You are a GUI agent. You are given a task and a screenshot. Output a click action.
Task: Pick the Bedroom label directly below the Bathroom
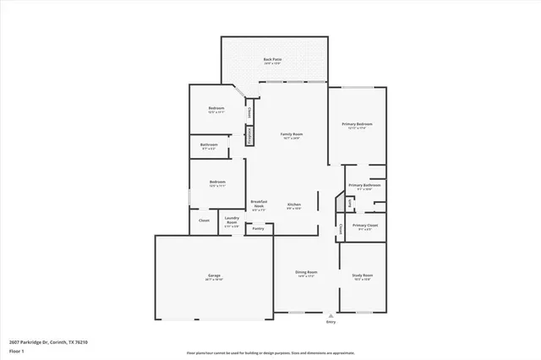click(x=216, y=183)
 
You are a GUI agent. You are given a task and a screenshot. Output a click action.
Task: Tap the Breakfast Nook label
click(x=260, y=204)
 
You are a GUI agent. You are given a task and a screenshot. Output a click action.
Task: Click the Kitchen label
click(x=294, y=205)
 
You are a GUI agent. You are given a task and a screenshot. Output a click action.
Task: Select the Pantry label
click(x=258, y=228)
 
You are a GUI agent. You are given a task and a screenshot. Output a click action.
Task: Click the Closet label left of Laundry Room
click(x=204, y=221)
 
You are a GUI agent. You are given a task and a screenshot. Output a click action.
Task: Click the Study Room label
click(x=362, y=276)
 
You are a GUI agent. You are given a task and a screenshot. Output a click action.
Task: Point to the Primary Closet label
click(x=365, y=226)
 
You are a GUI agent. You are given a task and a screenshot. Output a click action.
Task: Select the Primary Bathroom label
click(x=365, y=186)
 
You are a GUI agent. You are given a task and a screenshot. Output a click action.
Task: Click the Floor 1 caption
click(x=17, y=350)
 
